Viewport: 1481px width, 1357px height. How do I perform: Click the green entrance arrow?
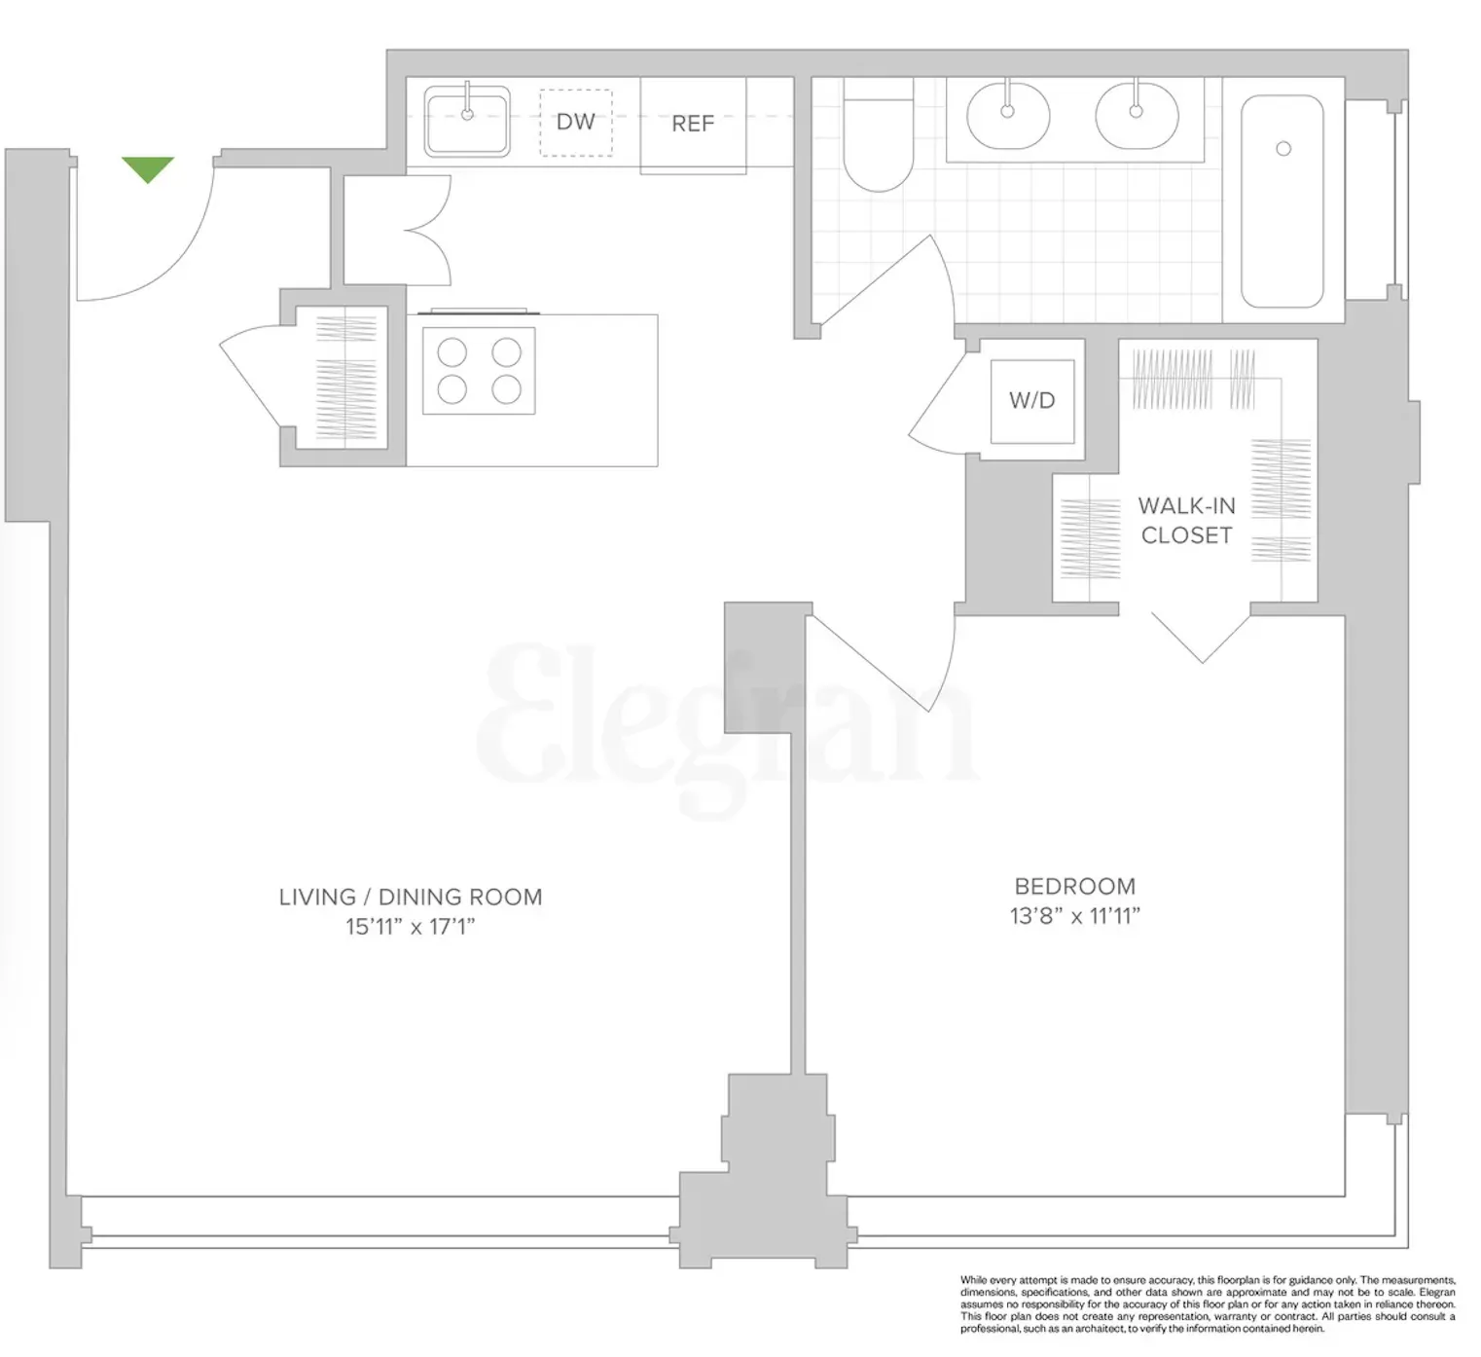click(x=148, y=169)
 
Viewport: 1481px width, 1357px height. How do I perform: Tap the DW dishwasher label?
click(x=575, y=122)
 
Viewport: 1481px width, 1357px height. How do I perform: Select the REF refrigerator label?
click(x=693, y=124)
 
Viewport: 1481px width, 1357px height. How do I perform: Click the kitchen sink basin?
click(x=467, y=122)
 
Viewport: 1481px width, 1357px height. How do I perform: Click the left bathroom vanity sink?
click(x=1008, y=113)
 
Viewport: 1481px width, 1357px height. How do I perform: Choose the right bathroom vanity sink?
click(x=1137, y=113)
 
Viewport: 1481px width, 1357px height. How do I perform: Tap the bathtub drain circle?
click(x=1283, y=149)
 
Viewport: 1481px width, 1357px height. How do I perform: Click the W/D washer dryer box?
click(x=1032, y=400)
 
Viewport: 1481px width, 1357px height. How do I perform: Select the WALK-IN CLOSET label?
click(x=1186, y=521)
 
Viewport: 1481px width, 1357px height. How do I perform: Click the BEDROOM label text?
click(x=1074, y=887)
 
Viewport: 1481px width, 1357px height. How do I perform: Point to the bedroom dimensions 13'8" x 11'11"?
click(x=1074, y=916)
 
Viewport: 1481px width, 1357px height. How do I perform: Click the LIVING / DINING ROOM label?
click(x=411, y=898)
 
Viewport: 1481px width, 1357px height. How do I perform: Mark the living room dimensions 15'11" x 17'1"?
click(x=411, y=927)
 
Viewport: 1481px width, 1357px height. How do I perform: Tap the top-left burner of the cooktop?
click(x=452, y=351)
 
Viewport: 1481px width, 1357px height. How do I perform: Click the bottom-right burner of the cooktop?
click(x=506, y=389)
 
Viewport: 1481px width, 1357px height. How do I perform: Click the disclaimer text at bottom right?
click(x=1208, y=1304)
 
